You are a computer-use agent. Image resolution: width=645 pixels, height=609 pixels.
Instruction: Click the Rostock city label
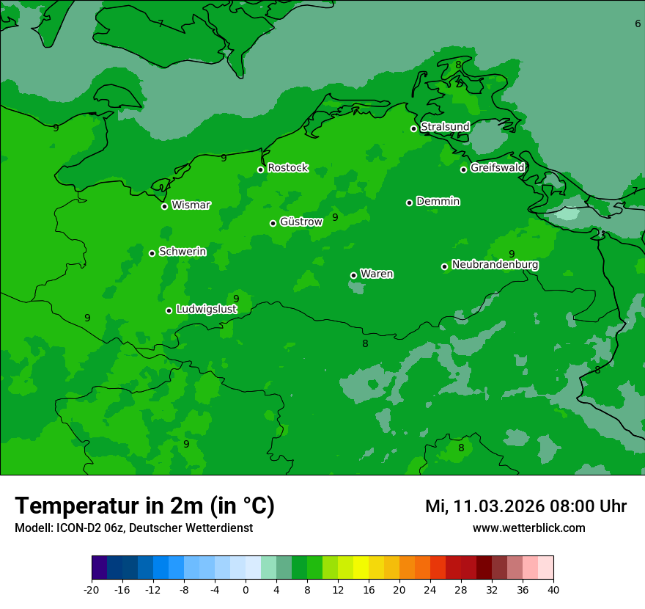click(x=287, y=168)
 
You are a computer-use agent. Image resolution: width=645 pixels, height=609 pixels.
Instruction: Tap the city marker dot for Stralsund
click(x=413, y=128)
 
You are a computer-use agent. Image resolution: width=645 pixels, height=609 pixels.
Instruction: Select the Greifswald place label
click(x=497, y=168)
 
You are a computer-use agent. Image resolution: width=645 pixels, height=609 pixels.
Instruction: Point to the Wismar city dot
click(x=165, y=206)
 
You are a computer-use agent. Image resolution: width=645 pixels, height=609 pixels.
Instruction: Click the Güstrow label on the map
click(x=301, y=222)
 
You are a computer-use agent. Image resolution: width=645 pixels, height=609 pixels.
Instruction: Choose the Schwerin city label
click(x=183, y=252)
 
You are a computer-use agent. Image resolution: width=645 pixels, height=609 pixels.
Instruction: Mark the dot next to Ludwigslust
click(x=169, y=310)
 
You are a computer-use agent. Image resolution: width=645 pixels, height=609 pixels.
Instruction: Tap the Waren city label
click(x=376, y=274)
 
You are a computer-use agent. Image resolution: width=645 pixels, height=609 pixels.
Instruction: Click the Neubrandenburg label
click(x=495, y=265)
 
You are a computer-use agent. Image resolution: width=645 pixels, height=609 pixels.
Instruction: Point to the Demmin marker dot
click(x=409, y=203)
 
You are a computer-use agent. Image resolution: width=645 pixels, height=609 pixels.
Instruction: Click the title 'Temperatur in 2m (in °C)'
click(x=144, y=506)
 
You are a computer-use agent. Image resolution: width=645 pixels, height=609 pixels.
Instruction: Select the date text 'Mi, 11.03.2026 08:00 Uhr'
click(x=526, y=506)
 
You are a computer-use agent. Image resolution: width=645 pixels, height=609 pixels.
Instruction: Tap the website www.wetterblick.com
click(x=528, y=528)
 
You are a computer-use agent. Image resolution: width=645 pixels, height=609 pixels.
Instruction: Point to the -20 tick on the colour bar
click(x=92, y=589)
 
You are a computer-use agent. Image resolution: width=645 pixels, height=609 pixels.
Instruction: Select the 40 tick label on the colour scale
click(x=553, y=589)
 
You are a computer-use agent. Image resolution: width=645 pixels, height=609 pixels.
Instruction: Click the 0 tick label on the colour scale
click(x=246, y=589)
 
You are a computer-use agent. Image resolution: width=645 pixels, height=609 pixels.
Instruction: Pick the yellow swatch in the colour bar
click(x=361, y=568)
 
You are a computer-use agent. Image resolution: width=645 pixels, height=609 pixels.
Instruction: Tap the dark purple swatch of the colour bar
click(x=100, y=568)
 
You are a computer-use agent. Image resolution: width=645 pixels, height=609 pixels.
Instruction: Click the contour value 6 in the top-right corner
click(x=637, y=23)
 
